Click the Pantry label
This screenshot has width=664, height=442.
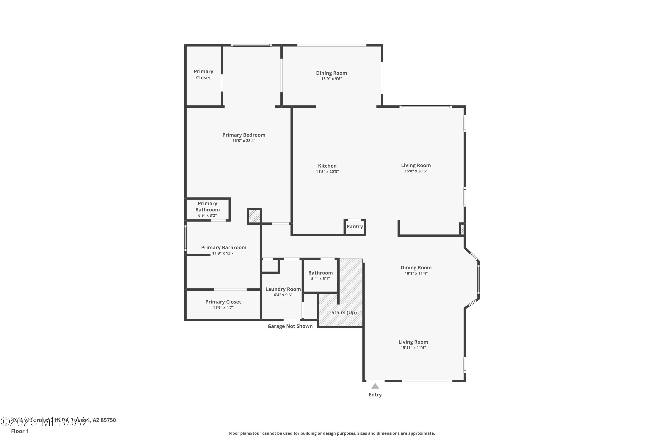tap(355, 227)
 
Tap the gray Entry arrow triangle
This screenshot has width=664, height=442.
tap(375, 386)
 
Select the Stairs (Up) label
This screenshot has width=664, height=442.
tap(344, 312)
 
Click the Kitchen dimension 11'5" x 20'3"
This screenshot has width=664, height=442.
tap(327, 172)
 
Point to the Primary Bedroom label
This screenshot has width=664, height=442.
tap(244, 135)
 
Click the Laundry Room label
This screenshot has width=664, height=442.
tap(283, 289)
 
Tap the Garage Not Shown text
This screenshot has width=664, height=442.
tap(290, 326)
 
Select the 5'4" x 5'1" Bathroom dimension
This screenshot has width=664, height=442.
tap(320, 278)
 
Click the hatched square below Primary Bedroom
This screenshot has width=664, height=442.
tap(254, 216)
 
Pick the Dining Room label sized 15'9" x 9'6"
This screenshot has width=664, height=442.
tap(331, 73)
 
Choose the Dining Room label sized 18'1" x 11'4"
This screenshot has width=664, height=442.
tap(416, 267)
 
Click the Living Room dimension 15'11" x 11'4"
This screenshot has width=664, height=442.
tap(413, 348)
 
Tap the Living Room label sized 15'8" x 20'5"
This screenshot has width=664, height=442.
tap(416, 166)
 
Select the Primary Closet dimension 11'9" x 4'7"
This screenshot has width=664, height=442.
tap(223, 308)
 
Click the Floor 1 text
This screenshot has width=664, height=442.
tap(20, 431)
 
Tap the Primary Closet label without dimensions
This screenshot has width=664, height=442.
tap(203, 74)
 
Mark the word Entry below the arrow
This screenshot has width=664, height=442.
tap(375, 395)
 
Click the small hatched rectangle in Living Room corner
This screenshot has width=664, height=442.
tap(462, 229)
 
